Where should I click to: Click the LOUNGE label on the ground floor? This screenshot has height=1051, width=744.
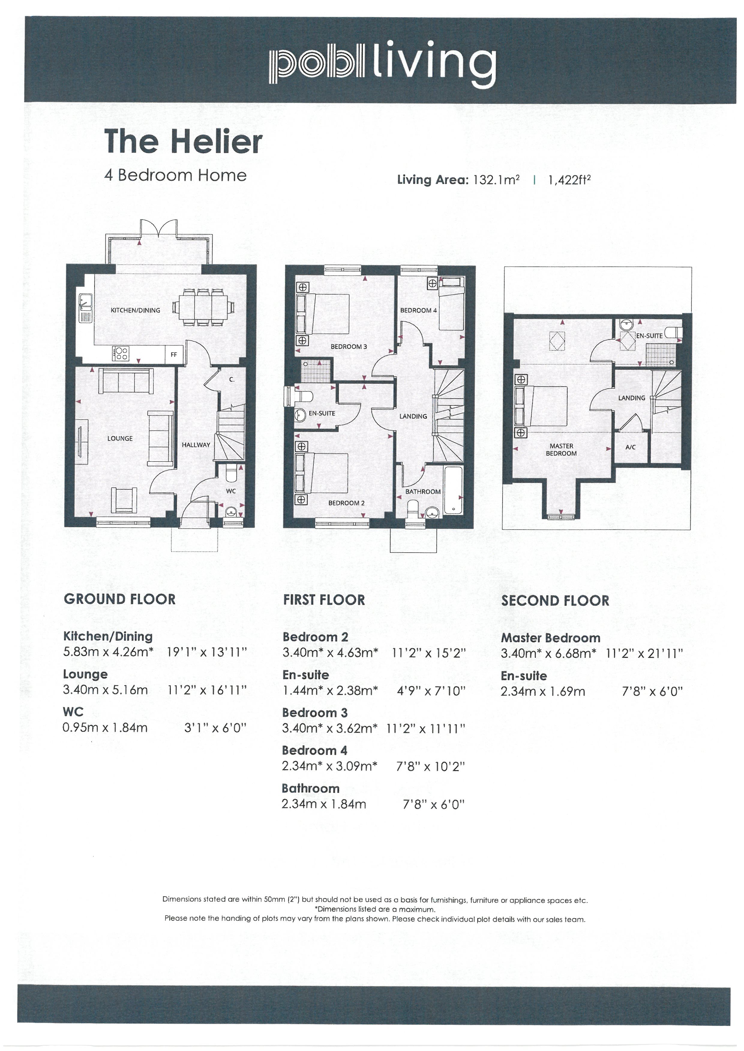tap(120, 438)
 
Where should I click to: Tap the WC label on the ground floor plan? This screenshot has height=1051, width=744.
tap(231, 491)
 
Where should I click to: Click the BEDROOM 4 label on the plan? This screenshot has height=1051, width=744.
tap(418, 310)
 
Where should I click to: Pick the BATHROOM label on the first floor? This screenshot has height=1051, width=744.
tap(423, 491)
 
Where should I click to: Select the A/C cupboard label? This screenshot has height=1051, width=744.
tap(630, 447)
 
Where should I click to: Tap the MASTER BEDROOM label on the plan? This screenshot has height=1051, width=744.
tap(561, 450)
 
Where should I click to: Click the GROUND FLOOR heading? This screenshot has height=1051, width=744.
tap(120, 599)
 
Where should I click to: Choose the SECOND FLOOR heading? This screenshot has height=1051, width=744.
tap(555, 601)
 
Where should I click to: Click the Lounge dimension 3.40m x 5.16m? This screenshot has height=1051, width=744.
tap(105, 690)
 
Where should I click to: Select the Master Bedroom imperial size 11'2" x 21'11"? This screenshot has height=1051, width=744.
tap(644, 653)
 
